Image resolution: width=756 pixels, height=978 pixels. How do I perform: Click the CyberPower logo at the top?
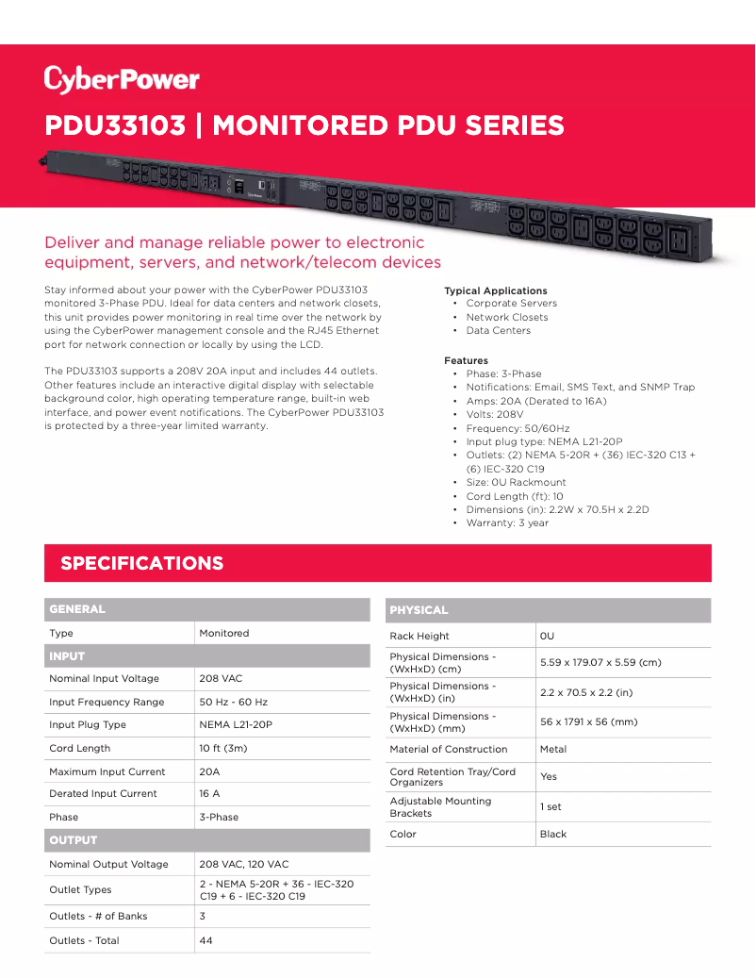pyautogui.click(x=122, y=79)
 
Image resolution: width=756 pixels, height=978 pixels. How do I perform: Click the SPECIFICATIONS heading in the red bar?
pyautogui.click(x=142, y=564)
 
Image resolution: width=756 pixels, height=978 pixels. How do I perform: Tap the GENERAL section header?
pyautogui.click(x=77, y=609)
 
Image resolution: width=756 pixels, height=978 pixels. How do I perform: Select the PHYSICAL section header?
pyautogui.click(x=419, y=610)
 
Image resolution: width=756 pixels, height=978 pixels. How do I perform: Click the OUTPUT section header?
pyautogui.click(x=74, y=840)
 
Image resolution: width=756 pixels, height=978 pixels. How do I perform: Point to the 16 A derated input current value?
pyautogui.click(x=209, y=794)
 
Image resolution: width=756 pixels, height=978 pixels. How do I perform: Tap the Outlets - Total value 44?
pyautogui.click(x=206, y=940)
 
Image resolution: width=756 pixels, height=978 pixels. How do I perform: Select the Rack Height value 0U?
pyautogui.click(x=547, y=637)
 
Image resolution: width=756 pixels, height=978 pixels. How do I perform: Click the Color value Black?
pyautogui.click(x=553, y=835)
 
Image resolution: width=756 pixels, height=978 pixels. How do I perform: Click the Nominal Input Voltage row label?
pyautogui.click(x=104, y=679)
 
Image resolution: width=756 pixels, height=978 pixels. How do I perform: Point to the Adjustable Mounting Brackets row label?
pyautogui.click(x=440, y=807)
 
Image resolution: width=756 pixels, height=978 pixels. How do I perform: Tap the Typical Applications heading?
pyautogui.click(x=496, y=291)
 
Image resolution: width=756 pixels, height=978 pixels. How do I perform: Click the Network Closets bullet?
pyautogui.click(x=507, y=317)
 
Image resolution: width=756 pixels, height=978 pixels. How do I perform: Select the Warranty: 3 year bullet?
pyautogui.click(x=507, y=523)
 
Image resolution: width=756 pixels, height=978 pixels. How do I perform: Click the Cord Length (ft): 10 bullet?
pyautogui.click(x=515, y=496)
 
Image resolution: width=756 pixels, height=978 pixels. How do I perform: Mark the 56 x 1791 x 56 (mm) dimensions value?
pyautogui.click(x=588, y=722)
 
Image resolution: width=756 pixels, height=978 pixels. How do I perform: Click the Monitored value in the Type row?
pyautogui.click(x=224, y=634)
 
